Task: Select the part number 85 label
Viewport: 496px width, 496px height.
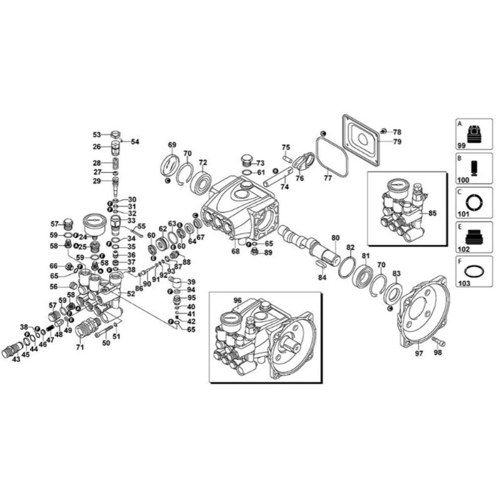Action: click(432, 214)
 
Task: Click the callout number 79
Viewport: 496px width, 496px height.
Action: click(397, 141)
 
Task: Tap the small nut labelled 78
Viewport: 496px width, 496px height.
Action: click(383, 131)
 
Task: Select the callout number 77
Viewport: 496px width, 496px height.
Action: click(328, 177)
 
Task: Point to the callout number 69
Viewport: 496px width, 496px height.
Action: click(172, 145)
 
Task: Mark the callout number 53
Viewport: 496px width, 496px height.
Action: click(97, 134)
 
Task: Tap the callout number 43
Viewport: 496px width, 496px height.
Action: click(16, 359)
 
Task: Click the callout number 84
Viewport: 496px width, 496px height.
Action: click(322, 277)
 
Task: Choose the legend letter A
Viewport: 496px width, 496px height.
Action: click(460, 123)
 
